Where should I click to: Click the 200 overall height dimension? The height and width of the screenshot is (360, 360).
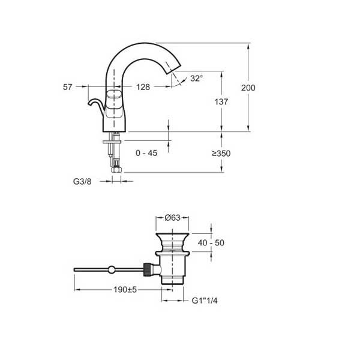click(248, 88)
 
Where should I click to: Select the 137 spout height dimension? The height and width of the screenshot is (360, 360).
click(221, 102)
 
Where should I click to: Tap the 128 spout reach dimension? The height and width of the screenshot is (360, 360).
click(143, 87)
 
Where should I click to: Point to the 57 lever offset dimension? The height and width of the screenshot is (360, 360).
click(67, 87)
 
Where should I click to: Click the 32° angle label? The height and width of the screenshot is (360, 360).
click(197, 78)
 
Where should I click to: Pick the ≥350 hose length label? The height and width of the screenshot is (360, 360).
click(221, 154)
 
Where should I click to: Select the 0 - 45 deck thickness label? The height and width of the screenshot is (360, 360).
click(146, 153)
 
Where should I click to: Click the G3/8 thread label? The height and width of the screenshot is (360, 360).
click(82, 182)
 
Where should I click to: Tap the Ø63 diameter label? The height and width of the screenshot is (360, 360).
click(172, 217)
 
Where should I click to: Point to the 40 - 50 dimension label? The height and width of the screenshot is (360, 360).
click(211, 242)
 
